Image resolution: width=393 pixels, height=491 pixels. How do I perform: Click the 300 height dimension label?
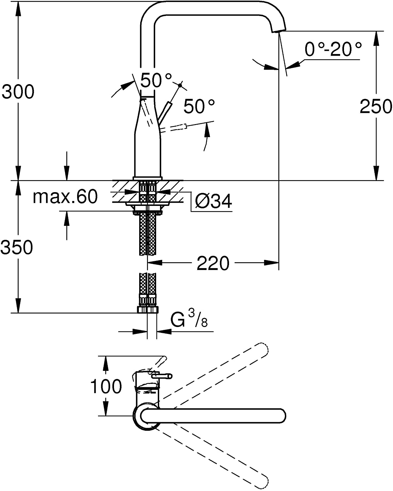coord(18,92)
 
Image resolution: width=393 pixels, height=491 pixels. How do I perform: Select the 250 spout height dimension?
coord(376,106)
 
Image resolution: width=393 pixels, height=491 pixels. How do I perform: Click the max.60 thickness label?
coord(65,197)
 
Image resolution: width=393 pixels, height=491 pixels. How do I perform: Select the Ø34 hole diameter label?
coord(213,201)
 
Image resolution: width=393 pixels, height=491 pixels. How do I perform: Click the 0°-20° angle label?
coord(333,50)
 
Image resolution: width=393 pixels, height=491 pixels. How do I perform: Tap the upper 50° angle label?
coord(156,80)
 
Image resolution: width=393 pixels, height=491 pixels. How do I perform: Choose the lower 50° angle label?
coord(199,106)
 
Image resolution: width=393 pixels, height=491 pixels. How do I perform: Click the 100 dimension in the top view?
coord(106,387)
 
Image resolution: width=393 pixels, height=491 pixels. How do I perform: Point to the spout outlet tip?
coord(278,30)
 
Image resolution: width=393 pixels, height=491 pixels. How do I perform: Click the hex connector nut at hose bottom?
coord(148,309)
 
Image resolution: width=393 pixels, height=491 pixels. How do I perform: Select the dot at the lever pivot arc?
coord(180,85)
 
